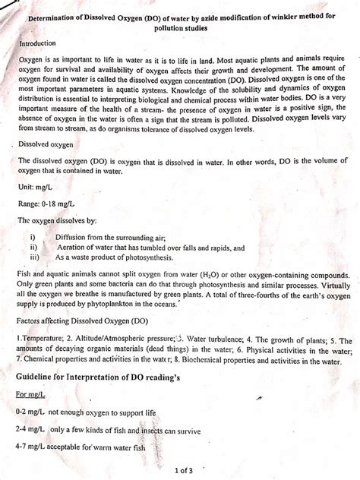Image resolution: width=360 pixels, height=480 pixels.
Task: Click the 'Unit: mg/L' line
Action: pos(37,186)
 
